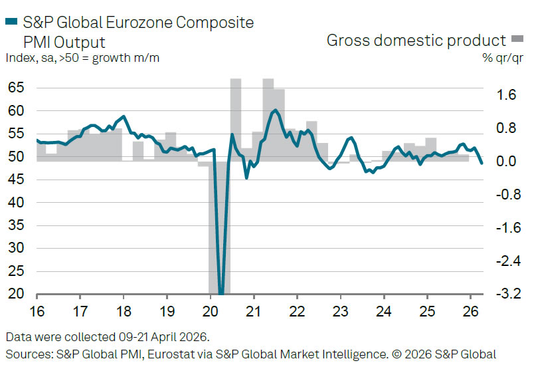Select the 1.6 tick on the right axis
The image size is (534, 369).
pyautogui.click(x=507, y=95)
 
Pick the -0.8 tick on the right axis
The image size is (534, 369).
pyautogui.click(x=505, y=195)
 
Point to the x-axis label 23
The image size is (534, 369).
pyautogui.click(x=340, y=310)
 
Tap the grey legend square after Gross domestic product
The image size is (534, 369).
pyautogui.click(x=517, y=41)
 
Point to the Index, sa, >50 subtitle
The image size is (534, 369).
pyautogui.click(x=83, y=57)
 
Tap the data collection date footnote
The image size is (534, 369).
pyautogui.click(x=108, y=336)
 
